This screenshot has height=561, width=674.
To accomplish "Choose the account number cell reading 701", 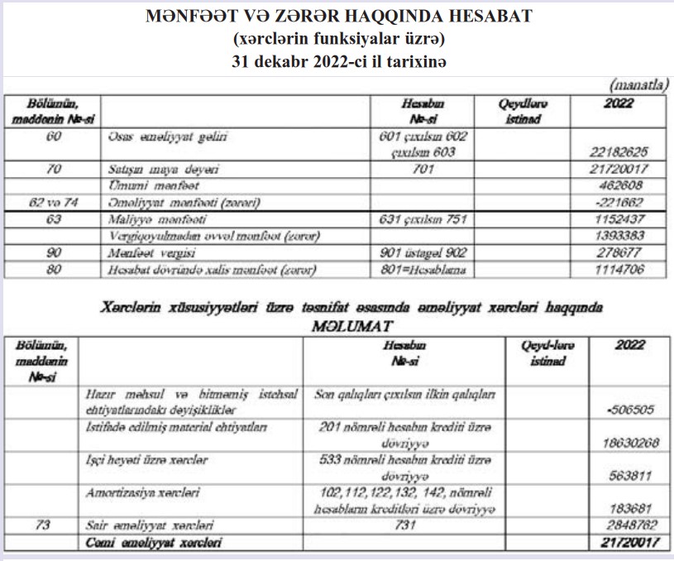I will point(421,168).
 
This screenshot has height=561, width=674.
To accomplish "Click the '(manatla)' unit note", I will point(638,84).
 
